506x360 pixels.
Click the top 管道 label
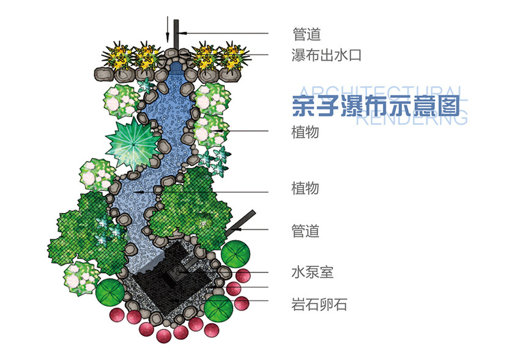point(307,34)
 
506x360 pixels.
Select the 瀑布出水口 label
point(326,55)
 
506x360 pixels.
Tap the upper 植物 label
point(305,132)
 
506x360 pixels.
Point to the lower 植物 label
point(305,188)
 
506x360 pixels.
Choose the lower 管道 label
point(305,231)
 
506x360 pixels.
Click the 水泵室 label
point(313,272)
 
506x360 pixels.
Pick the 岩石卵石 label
point(319,304)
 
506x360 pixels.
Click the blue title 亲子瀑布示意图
point(376,106)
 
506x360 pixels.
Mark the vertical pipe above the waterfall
point(176,35)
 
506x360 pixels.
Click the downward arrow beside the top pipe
point(167,29)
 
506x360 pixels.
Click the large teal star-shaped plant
point(133,143)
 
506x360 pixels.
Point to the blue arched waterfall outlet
point(176,67)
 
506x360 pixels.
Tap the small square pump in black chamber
point(177,274)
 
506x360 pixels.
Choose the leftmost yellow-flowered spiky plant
point(118,56)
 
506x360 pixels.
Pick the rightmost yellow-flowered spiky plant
point(233,57)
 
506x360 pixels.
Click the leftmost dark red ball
point(116,315)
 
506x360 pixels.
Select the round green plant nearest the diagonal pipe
point(236,254)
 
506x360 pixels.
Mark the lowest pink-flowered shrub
point(81,279)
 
